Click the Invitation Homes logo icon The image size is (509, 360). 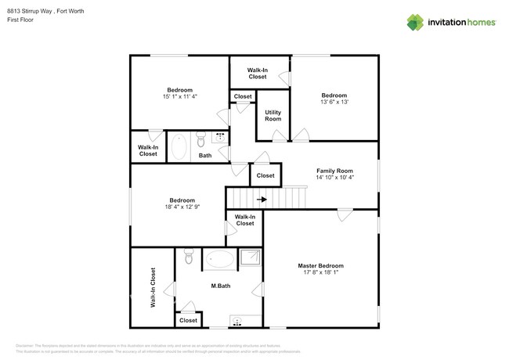[415, 23]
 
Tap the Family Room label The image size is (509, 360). [334, 171]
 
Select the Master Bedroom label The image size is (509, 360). [320, 266]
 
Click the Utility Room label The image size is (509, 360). [273, 116]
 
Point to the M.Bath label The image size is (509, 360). [219, 286]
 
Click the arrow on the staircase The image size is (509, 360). [262, 200]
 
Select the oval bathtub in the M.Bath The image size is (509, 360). [219, 258]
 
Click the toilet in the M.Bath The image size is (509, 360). [188, 257]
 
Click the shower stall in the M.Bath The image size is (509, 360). [251, 257]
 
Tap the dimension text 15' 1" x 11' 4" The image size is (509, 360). [179, 97]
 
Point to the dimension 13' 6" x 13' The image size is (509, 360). [334, 102]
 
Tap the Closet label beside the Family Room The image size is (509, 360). [265, 175]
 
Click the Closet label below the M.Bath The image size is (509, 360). [188, 320]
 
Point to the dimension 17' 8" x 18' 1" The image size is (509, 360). [320, 274]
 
